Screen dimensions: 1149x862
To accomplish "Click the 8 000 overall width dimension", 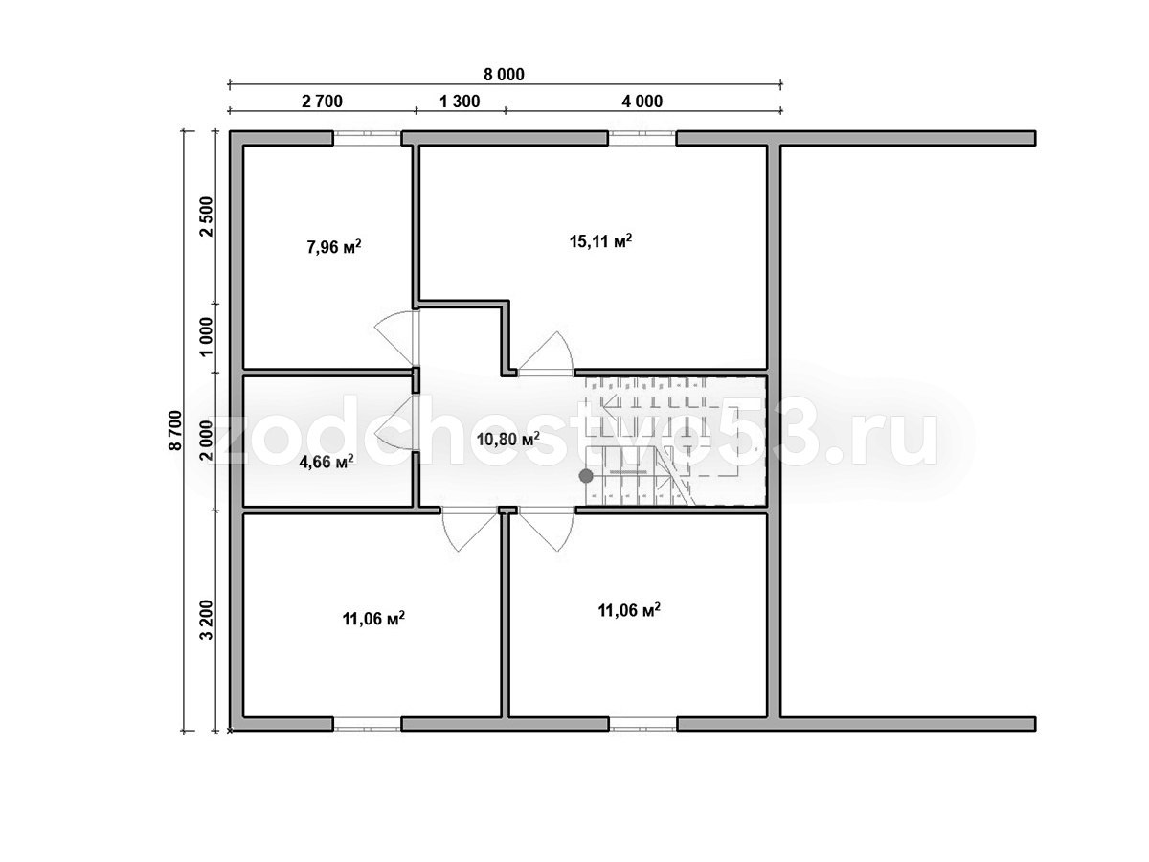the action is pos(504,75).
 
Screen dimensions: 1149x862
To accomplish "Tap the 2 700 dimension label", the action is pos(322,102).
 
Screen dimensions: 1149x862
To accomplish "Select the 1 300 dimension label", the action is pos(460,102).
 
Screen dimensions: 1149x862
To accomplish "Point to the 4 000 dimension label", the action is pos(642,102).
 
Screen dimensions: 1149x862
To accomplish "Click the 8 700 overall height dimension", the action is pos(176,430).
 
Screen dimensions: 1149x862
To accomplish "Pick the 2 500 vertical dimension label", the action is pos(207,216).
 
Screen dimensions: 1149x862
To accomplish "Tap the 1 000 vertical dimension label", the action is pos(207,336).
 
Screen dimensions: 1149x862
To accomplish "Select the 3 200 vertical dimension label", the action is pos(207,620).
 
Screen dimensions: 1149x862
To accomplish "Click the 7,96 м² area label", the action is pos(334,246).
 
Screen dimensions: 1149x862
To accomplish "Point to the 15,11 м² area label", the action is pos(600,240).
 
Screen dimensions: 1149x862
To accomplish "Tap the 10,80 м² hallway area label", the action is pos(508,439).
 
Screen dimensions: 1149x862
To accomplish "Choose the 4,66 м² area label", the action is pos(327,462).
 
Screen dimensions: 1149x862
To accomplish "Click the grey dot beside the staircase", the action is pos(586,476).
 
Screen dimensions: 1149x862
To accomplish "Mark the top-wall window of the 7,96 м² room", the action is pos(367,138).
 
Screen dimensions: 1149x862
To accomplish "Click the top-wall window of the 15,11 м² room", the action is pos(642,138).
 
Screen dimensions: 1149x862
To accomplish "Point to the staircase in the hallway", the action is pos(675,441).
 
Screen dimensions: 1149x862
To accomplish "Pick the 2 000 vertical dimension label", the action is pos(207,441).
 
